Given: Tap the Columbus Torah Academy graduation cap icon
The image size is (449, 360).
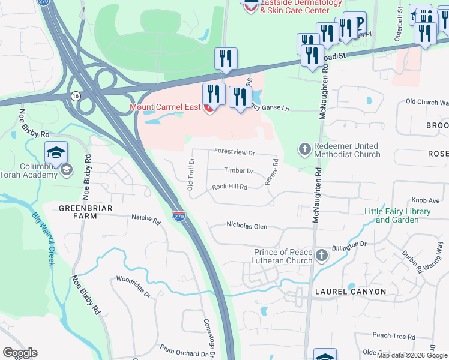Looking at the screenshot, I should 56,152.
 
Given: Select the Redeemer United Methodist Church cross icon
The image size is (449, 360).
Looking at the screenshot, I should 304,149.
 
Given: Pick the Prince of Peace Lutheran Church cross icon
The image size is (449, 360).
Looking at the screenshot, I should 322,256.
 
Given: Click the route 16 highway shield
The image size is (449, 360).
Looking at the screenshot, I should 75,96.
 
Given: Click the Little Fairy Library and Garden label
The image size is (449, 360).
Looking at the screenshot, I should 397,215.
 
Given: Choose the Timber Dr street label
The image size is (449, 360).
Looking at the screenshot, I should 239,171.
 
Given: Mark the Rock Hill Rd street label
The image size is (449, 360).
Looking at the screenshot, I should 229,187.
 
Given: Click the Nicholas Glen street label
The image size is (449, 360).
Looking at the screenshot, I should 246,226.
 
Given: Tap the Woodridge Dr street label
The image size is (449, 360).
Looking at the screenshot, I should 133,280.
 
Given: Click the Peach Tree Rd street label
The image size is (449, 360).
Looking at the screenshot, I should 394,336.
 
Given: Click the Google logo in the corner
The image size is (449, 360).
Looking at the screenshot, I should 20,353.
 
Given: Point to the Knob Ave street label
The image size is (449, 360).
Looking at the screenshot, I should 426,202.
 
